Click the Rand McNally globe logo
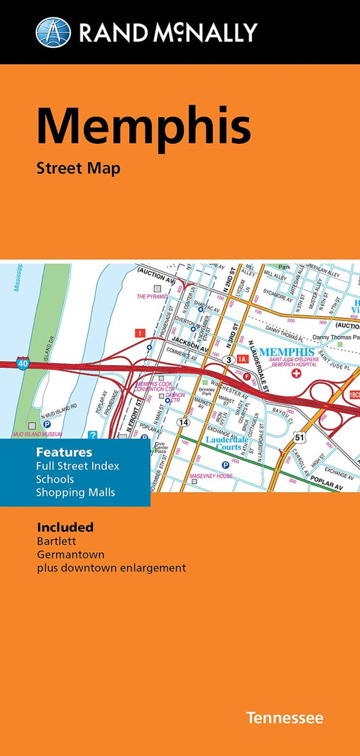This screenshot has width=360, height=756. coord(53,32)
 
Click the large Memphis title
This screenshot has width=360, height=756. coord(143,127)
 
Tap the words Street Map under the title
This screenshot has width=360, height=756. coord(78,168)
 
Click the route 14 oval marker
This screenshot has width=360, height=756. coord(183,421)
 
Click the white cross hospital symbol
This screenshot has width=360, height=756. coord(296,373)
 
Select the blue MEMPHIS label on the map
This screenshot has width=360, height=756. coord(286,352)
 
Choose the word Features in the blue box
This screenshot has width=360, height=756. coord(65,452)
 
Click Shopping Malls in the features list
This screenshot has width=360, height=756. coord(76,492)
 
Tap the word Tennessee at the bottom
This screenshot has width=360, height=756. coord(284,718)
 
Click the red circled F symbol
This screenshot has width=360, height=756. coord(247,376)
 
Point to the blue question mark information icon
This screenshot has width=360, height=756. coord(93,435)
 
